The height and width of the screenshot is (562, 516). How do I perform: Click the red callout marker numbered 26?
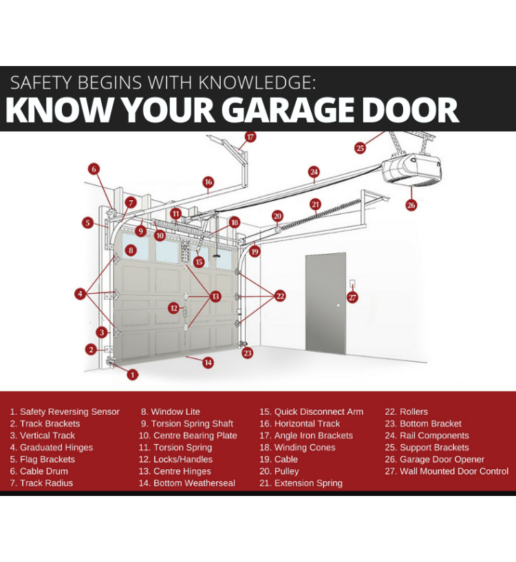pos(411,206)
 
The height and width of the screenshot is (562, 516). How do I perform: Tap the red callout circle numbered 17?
pos(250,137)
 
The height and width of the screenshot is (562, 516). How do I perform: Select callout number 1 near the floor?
pos(132,375)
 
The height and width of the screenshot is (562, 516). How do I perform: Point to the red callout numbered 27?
pos(352,297)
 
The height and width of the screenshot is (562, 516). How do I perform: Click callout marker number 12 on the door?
pos(174,308)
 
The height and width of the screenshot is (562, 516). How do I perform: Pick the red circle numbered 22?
pos(280,296)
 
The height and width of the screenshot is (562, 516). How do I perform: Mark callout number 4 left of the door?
pos(80,294)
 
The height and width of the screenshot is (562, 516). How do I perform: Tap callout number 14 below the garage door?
pos(208,363)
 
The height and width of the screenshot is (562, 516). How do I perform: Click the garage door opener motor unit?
pos(411,169)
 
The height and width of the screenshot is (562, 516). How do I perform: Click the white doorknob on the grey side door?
pos(338,305)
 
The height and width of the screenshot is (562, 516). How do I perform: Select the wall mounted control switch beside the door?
pos(352,284)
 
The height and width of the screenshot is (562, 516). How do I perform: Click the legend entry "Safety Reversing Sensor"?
pos(65,412)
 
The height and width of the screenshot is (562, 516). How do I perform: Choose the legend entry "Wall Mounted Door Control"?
pos(447,471)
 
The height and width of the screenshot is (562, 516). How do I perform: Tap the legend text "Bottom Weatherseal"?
pos(187,483)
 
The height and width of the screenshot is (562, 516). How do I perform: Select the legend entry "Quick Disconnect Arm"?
pos(311,412)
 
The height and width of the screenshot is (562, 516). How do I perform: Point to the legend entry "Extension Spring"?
pos(301,483)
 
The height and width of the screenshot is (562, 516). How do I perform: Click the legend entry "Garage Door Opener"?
pos(435,460)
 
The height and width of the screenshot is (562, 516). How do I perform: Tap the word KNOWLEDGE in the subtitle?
pos(257,83)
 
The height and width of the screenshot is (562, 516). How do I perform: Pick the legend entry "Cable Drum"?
pos(39,471)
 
